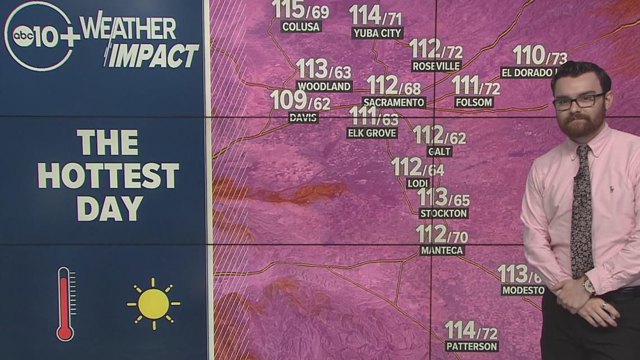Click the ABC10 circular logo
coord(38,37)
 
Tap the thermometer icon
coord(65,304)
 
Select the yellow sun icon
coord(153,304)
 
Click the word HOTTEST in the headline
coord(108,175)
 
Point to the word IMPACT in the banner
coord(153,56)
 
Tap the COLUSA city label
coord(301,26)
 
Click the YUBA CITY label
coord(377,33)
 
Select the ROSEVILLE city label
coord(436,66)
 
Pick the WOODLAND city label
coord(324,86)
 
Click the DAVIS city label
coord(303,117)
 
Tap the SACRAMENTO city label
coord(394,102)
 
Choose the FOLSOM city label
coord(474,102)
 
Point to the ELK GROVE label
coord(372,133)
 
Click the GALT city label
coord(439,152)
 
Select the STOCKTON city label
coord(444,213)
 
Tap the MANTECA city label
coord(442,250)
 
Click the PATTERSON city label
coord(472,346)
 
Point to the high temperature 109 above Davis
coord(289,101)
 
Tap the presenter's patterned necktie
coord(581,213)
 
